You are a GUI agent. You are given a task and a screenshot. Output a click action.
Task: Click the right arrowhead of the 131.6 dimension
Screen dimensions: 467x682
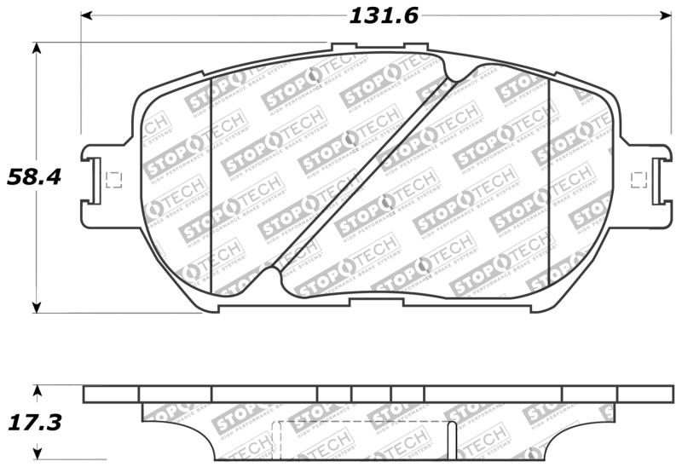tap(667, 15)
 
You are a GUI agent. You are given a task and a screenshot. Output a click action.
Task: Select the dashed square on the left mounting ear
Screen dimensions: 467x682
tap(112, 180)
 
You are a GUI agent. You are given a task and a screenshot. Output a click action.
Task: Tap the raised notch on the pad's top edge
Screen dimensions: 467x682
tap(344, 48)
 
